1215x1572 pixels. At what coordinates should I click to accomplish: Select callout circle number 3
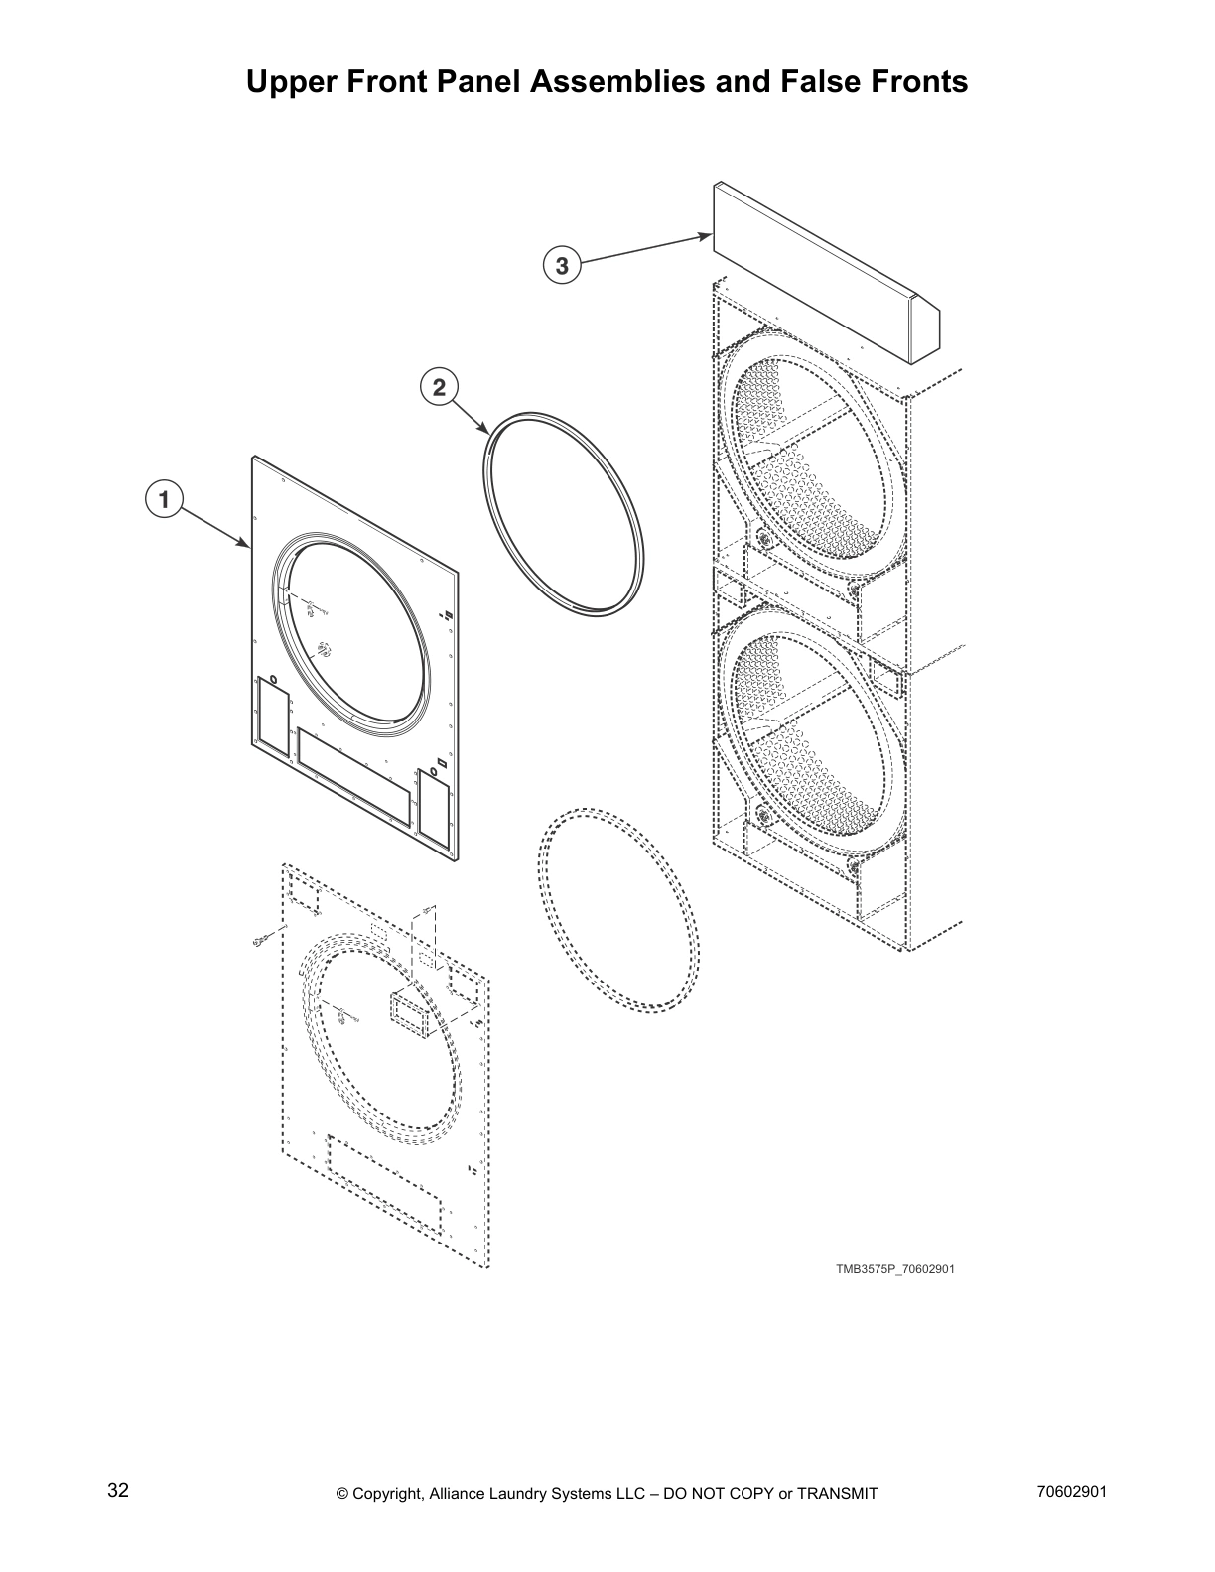point(562,266)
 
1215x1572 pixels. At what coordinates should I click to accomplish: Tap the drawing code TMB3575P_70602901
point(894,1269)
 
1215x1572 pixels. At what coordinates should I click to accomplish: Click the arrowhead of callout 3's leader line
point(708,236)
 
